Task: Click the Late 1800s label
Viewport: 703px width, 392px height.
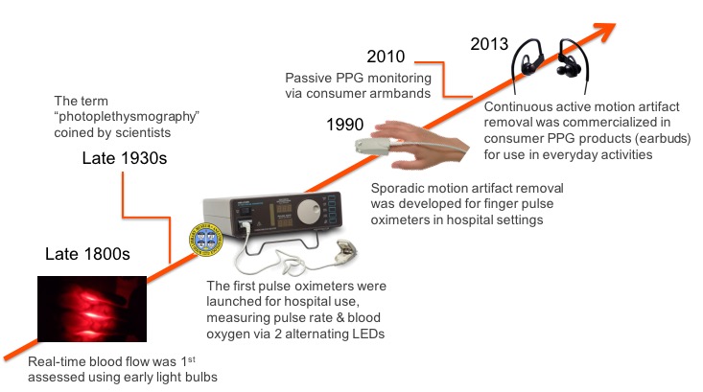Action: click(x=87, y=254)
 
